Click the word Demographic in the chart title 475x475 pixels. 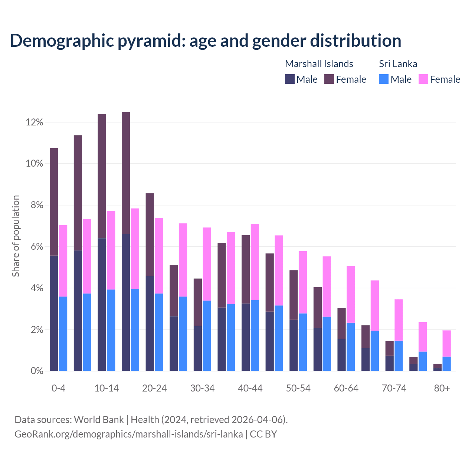pyautogui.click(x=62, y=40)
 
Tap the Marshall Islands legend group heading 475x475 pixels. pyautogui.click(x=319, y=64)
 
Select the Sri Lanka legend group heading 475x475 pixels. pyautogui.click(x=398, y=64)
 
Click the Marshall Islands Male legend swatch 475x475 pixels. pyautogui.click(x=289, y=79)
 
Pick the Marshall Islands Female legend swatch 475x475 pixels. pyautogui.click(x=329, y=79)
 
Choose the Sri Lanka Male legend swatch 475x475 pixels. pyautogui.click(x=384, y=79)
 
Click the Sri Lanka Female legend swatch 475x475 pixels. pyautogui.click(x=423, y=79)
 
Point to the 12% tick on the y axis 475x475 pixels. pyautogui.click(x=35, y=122)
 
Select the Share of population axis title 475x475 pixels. pyautogui.click(x=16, y=236)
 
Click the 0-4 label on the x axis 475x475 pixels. pyautogui.click(x=58, y=388)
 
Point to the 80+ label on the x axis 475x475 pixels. pyautogui.click(x=442, y=388)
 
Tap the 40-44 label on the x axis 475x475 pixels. pyautogui.click(x=250, y=388)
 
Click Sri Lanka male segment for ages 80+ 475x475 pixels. pyautogui.click(x=446, y=364)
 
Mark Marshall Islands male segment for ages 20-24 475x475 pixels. pyautogui.click(x=150, y=323)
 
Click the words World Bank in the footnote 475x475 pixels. pyautogui.click(x=99, y=420)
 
